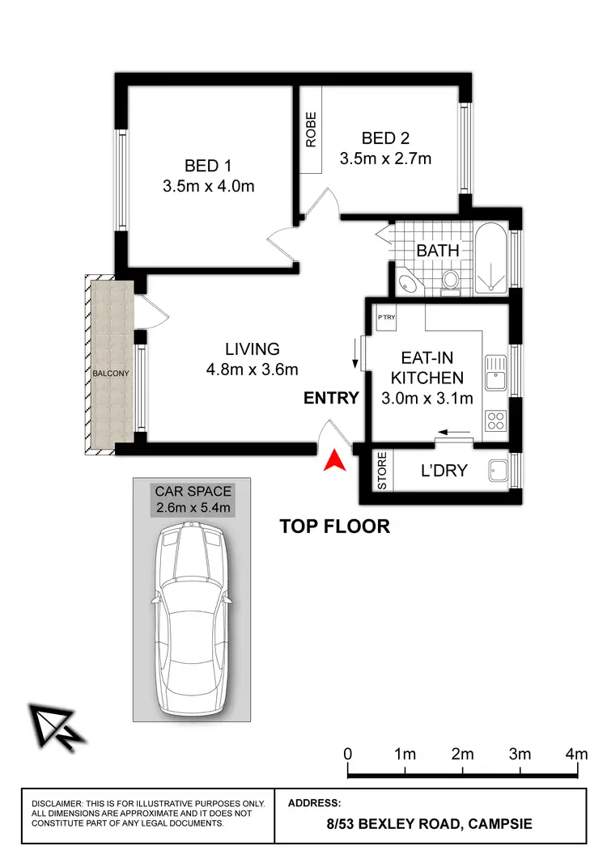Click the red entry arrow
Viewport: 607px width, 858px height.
(x=333, y=462)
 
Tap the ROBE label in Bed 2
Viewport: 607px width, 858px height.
(x=311, y=129)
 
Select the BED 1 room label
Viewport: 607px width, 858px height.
(x=208, y=166)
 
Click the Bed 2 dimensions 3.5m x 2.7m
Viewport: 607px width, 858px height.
(x=385, y=158)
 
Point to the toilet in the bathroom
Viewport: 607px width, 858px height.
(x=452, y=281)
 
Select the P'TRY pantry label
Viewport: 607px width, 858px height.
(x=385, y=317)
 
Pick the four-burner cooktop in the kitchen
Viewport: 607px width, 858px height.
(x=495, y=420)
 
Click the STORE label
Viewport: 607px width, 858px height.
(x=383, y=471)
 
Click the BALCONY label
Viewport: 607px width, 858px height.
(x=110, y=373)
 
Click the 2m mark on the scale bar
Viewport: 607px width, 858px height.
(x=462, y=754)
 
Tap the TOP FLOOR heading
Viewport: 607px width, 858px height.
(x=334, y=526)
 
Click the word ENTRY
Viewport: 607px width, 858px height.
(x=331, y=397)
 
